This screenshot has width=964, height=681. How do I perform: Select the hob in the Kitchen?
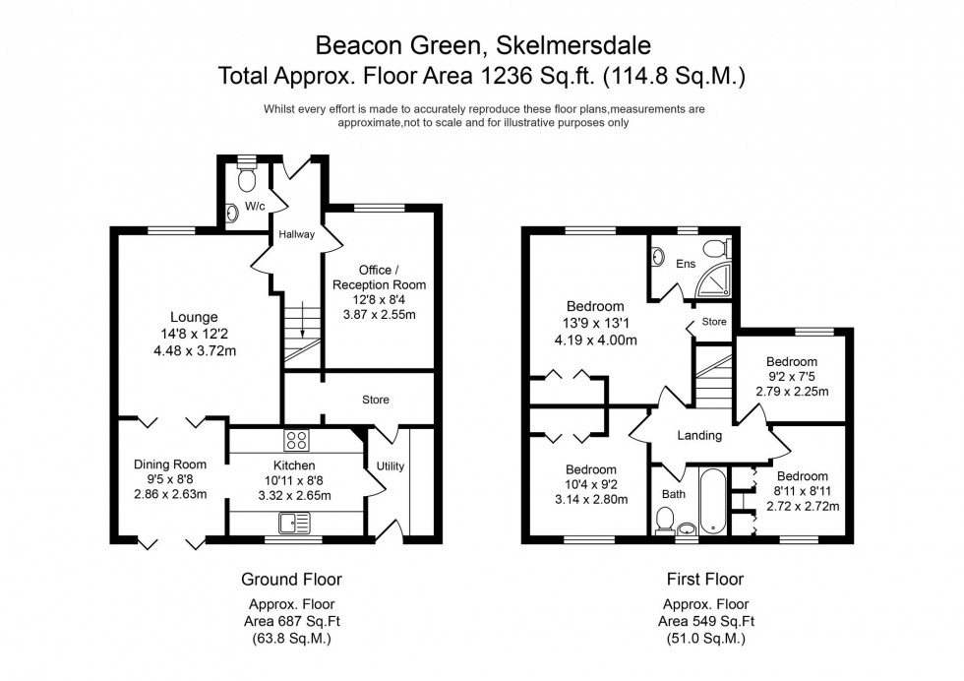[x=296, y=439]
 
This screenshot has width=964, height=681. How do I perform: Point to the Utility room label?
[x=390, y=465]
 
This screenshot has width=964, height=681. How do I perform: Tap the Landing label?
[x=700, y=435]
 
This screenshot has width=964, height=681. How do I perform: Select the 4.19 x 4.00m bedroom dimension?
[x=595, y=340]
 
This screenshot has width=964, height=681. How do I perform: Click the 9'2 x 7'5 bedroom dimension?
[x=792, y=376]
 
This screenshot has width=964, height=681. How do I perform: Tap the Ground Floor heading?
[x=291, y=579]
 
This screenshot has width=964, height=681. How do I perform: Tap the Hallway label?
[x=296, y=234]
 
